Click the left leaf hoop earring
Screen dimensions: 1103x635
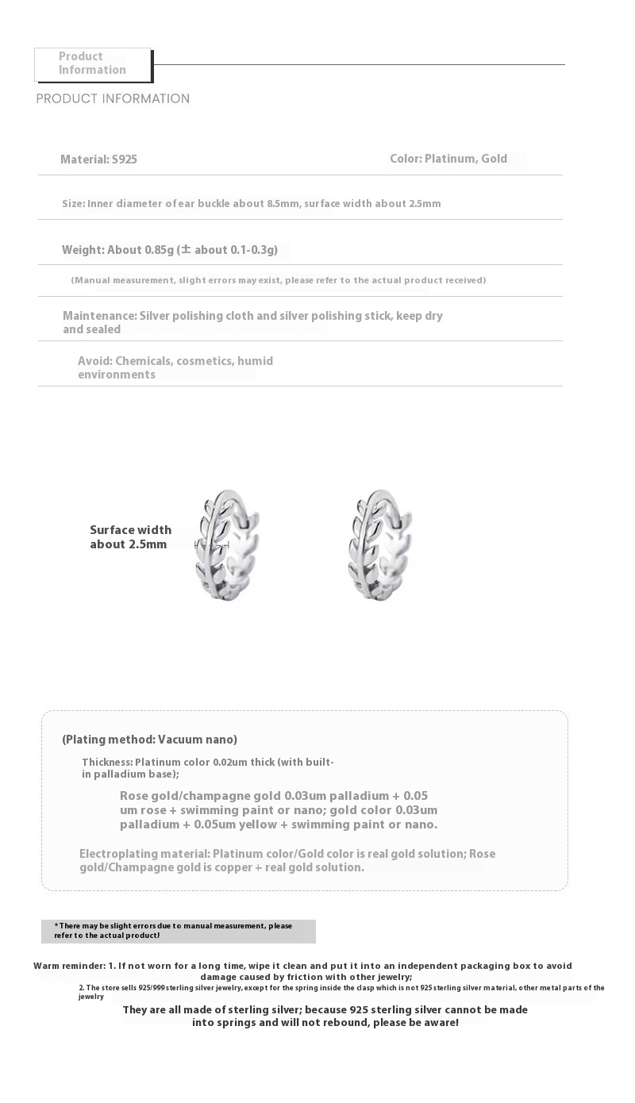point(227,546)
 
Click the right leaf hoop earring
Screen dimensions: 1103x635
point(380,546)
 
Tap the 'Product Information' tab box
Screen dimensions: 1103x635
point(93,63)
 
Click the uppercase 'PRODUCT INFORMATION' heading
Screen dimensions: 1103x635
point(113,98)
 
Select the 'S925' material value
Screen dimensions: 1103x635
point(125,159)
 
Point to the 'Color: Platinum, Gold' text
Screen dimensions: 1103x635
point(448,159)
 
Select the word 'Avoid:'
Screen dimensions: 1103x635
point(95,361)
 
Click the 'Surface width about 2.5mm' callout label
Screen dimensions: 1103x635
point(130,537)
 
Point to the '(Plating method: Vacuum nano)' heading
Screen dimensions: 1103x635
point(149,740)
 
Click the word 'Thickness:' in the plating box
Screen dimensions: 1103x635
point(107,763)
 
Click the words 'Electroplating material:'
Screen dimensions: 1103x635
point(144,854)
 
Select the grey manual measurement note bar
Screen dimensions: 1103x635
point(179,931)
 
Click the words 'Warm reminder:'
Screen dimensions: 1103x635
point(69,966)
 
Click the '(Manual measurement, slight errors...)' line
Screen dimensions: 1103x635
point(279,280)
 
